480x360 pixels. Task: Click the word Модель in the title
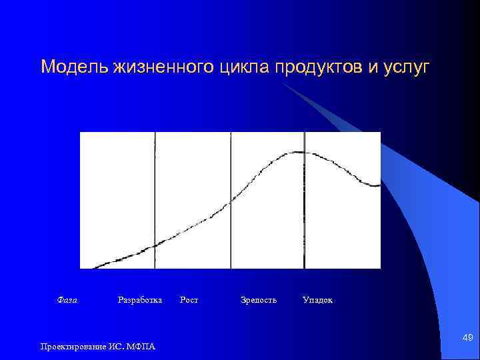tap(68, 67)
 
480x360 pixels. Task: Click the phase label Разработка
tap(139, 300)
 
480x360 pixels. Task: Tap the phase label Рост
tap(189, 300)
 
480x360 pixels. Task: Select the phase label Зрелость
tap(258, 300)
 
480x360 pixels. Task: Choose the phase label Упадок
tap(317, 300)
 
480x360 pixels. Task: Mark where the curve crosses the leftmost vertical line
tap(155, 245)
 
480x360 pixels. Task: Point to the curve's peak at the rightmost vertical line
tap(304, 152)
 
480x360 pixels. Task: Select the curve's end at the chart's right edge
tap(379, 185)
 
